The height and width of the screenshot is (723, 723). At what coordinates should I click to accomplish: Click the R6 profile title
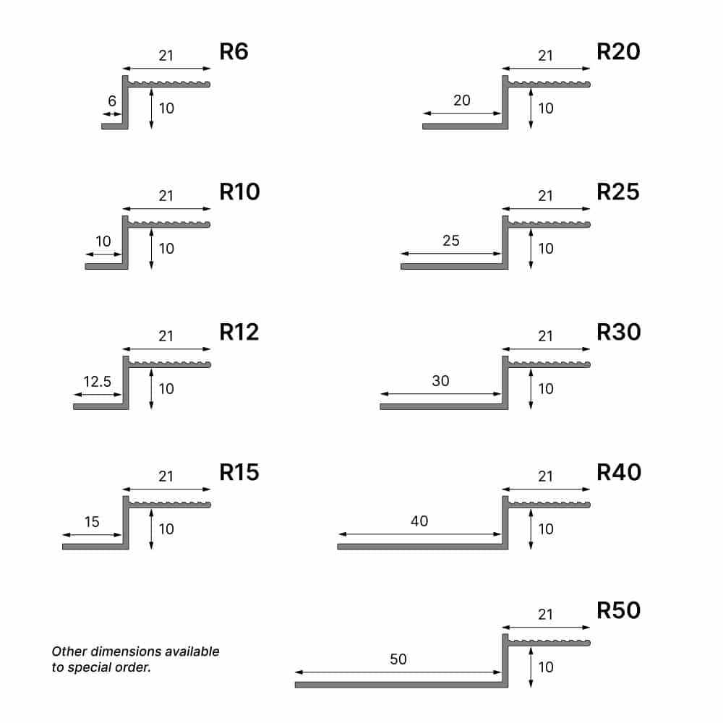coord(234,51)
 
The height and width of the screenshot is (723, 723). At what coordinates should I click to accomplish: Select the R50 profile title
coord(618,610)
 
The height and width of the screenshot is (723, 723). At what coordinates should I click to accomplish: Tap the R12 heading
coord(239,332)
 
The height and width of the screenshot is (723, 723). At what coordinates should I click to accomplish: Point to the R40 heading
coord(619,472)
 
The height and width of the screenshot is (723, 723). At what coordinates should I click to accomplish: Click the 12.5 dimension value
coord(98,381)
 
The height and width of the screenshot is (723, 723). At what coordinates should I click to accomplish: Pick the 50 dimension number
coord(398,659)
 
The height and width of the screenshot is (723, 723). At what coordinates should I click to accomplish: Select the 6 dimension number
coord(112,100)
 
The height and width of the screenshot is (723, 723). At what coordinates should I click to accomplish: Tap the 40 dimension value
coord(419,521)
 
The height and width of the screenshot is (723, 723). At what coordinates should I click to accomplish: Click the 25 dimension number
coord(451,240)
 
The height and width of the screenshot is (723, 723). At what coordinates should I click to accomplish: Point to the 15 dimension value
coord(92,521)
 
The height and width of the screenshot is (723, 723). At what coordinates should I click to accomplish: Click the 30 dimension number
coord(440,380)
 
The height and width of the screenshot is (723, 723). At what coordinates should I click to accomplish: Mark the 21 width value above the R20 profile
coord(545,56)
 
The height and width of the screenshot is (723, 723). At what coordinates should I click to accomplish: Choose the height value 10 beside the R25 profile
coord(546,249)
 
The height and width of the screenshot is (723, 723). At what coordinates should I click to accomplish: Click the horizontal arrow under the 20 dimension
coord(462,114)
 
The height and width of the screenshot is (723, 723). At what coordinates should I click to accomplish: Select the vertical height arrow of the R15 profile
coord(151,529)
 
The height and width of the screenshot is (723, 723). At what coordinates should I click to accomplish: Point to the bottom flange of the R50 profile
coord(401,685)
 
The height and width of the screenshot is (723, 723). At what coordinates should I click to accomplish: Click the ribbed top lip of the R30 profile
coord(549,364)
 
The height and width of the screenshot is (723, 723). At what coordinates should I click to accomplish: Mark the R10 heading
coord(239,192)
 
